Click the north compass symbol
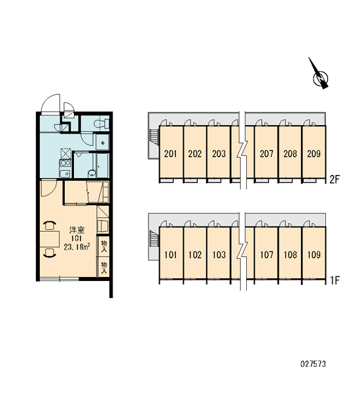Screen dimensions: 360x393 320,75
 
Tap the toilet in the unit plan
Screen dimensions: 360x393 101,124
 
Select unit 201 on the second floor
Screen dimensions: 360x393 171,153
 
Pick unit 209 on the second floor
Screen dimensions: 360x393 314,153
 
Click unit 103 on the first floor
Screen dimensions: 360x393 219,255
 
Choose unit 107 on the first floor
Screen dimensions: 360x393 266,255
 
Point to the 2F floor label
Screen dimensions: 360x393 334,179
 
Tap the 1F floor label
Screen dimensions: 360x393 334,280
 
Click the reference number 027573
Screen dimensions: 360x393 313,364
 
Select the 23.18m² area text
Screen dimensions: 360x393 77,247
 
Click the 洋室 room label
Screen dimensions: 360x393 77,230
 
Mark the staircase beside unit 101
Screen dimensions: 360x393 154,238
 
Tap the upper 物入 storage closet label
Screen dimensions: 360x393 103,246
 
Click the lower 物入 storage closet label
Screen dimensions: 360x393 103,268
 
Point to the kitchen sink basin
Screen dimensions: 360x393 65,174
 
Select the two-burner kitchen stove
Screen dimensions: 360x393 65,163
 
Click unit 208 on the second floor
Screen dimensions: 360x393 290,153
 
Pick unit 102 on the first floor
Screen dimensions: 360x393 194,255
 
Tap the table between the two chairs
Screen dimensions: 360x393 49,239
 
